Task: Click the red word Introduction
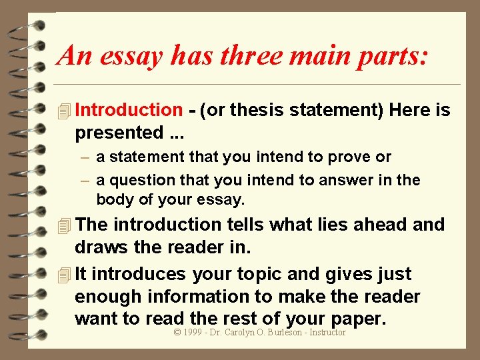(128, 110)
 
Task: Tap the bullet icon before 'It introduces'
(64, 274)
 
